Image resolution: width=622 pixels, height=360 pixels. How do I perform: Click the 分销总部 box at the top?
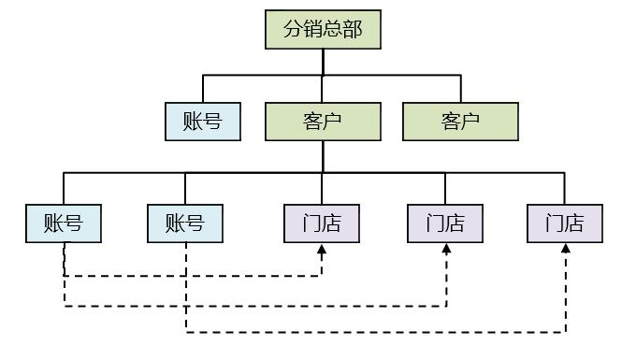[323, 29]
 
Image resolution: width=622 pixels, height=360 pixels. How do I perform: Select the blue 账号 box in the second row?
[203, 122]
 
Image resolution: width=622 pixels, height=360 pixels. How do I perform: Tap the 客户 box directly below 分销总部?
[323, 122]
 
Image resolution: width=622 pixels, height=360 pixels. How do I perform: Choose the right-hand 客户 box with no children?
[460, 122]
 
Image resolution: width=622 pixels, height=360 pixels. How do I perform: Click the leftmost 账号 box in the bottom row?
[64, 223]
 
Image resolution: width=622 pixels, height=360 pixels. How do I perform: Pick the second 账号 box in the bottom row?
[185, 223]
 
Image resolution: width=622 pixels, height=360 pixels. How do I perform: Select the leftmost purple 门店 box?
[322, 223]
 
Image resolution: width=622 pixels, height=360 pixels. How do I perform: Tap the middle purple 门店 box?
[445, 223]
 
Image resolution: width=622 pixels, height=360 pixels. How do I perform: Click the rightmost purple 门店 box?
[565, 223]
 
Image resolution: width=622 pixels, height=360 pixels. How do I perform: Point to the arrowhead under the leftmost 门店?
[322, 249]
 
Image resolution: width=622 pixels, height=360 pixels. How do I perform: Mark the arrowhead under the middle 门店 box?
[446, 249]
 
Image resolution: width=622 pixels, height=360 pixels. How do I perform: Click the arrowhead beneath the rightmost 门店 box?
[566, 249]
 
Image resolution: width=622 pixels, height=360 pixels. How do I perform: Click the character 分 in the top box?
[293, 29]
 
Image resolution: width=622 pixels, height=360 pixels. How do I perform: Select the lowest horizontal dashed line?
[374, 331]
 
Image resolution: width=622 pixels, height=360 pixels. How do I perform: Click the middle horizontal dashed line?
[253, 305]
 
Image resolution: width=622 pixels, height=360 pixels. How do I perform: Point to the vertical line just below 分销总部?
[323, 62]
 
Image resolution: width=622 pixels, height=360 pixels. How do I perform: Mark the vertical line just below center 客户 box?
[323, 156]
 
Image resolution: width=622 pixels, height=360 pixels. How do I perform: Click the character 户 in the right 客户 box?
[470, 122]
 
